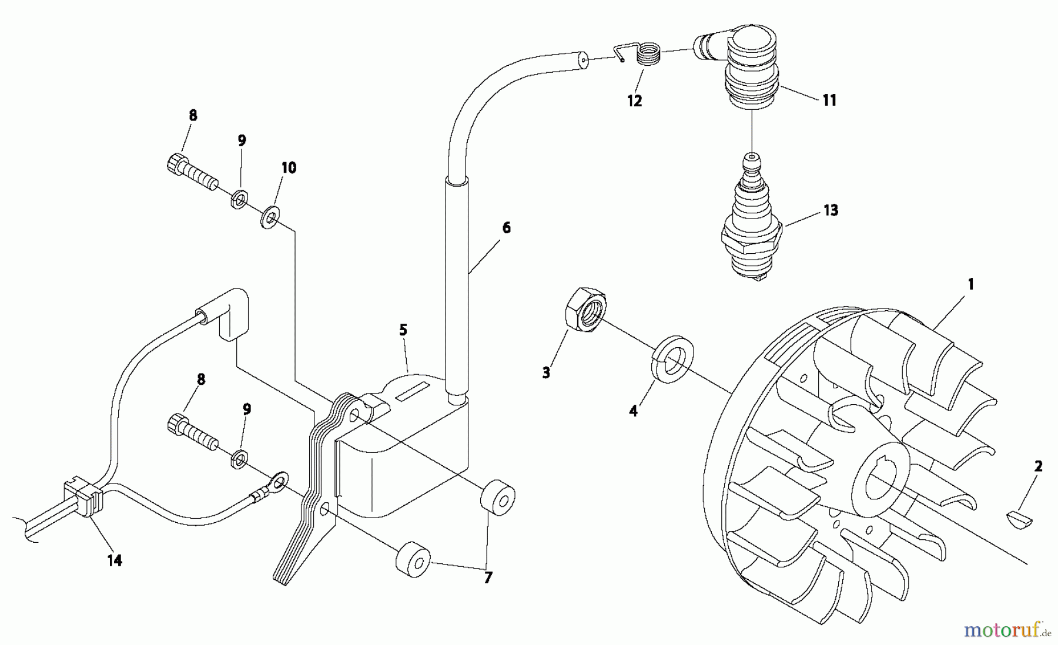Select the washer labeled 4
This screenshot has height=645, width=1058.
tap(674, 360)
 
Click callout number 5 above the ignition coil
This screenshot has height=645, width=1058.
tap(403, 330)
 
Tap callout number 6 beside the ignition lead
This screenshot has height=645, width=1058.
tap(506, 228)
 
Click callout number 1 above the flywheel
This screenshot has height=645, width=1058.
tap(970, 284)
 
